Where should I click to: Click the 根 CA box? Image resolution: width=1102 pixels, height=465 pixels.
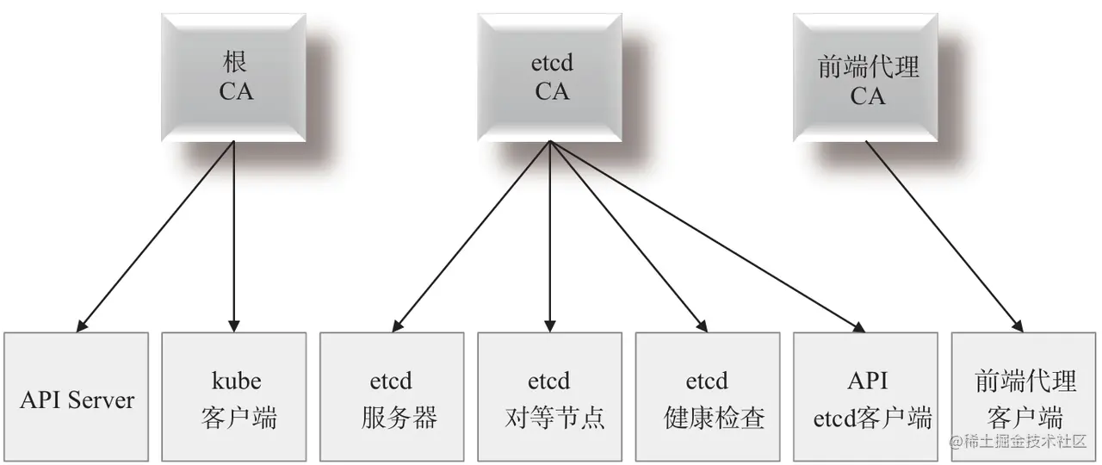tap(234, 77)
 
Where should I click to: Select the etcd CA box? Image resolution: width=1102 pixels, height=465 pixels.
tap(550, 77)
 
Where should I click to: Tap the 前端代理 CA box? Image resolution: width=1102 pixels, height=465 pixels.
tap(866, 77)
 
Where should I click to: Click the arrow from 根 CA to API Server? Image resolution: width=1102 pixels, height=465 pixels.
tap(155, 237)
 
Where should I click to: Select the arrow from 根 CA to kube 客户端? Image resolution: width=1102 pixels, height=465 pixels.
tap(234, 237)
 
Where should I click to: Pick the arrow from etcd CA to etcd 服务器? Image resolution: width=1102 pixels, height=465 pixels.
tap(472, 237)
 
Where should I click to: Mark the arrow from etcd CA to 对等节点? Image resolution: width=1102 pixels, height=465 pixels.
tap(550, 237)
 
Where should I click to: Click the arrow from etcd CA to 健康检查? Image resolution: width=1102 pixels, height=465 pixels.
tap(628, 237)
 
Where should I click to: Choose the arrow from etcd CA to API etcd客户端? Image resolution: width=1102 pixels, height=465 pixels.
tap(706, 237)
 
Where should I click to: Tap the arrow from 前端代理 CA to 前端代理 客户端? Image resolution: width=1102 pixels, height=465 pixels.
tap(944, 237)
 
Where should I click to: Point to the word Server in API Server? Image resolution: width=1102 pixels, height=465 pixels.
tap(101, 400)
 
